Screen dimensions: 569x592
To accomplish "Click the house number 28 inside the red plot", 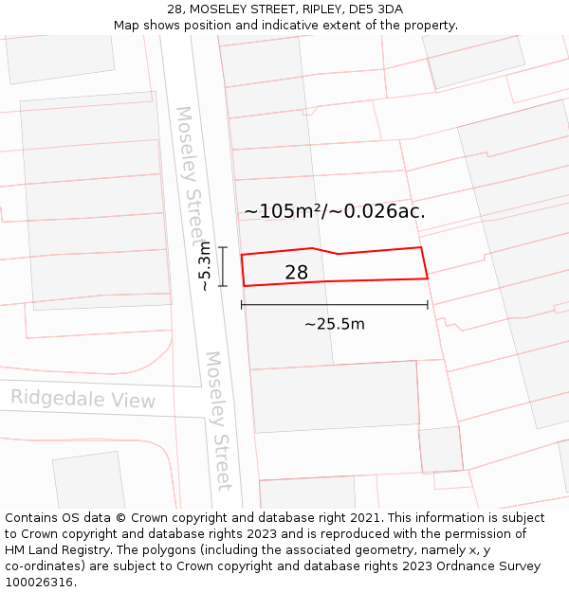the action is point(296,273).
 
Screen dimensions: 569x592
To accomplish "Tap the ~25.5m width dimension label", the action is point(334,324).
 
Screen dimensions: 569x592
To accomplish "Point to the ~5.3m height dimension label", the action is point(204,266).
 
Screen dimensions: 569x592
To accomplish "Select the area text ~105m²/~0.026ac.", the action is point(334,211).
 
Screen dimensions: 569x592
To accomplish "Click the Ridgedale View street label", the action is point(83,399).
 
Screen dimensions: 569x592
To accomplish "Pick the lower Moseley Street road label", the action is point(219,421).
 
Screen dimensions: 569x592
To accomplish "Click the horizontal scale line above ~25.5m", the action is point(334,305).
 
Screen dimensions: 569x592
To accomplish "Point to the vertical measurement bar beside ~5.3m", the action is point(224,266).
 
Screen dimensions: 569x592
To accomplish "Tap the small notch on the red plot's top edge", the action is point(325,251).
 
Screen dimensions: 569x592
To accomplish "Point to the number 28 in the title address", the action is point(174,9).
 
